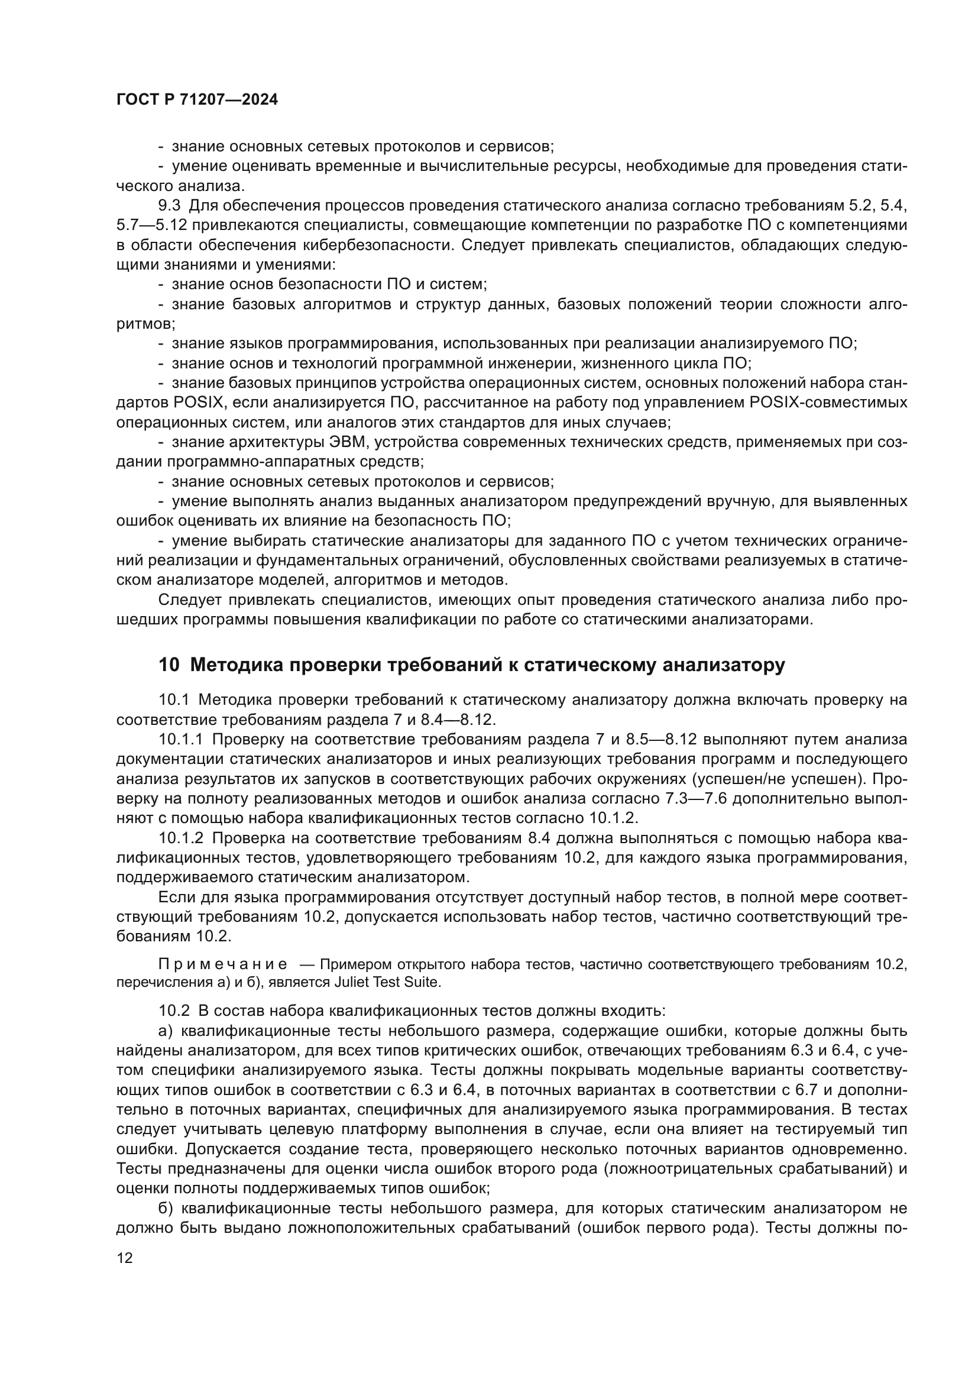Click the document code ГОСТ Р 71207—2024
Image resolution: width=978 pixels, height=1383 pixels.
point(197,100)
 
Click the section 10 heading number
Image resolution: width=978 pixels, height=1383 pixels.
point(169,665)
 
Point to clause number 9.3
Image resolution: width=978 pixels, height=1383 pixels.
point(169,205)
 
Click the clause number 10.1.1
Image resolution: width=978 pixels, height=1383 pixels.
point(182,739)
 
